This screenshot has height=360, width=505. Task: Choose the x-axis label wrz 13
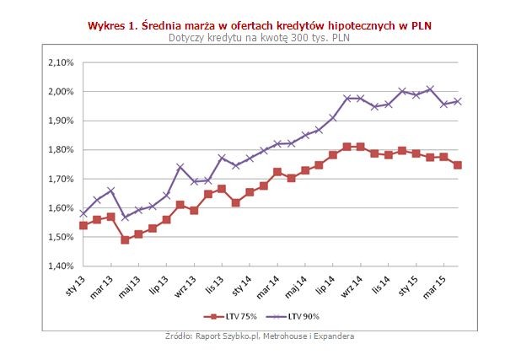184,283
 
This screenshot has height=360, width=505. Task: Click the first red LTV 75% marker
83,225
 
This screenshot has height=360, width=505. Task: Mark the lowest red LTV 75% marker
125,239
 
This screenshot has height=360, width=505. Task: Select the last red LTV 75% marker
458,165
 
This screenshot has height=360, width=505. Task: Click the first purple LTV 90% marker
83,213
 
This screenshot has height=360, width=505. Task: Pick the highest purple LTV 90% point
430,89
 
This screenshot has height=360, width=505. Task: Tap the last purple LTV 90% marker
458,101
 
